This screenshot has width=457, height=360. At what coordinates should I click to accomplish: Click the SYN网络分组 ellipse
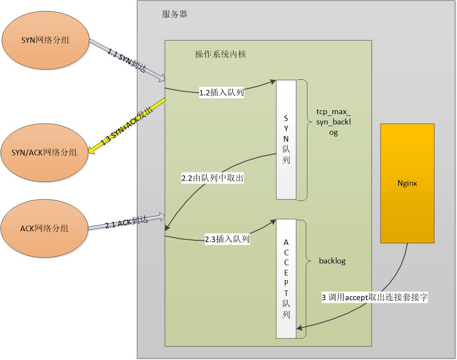point(45,41)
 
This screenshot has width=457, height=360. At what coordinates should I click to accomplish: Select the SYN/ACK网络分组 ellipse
point(45,152)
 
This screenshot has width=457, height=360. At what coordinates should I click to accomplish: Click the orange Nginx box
point(407,184)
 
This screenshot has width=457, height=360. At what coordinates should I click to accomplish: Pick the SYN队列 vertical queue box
point(286,139)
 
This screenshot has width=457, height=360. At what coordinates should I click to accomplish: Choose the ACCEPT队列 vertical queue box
point(286,278)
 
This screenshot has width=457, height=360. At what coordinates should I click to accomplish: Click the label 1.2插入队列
point(221,92)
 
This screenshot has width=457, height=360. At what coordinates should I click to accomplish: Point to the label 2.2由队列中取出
point(213,178)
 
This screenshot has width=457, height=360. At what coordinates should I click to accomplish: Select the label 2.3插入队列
point(227,239)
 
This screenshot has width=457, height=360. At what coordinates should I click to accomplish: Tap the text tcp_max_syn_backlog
point(333,123)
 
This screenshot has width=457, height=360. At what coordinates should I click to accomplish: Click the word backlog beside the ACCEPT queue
point(332,261)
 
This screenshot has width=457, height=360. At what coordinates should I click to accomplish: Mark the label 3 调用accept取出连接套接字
point(375,297)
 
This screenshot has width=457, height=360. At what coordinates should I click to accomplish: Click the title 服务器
point(175,14)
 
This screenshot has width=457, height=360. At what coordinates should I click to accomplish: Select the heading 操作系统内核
point(221,54)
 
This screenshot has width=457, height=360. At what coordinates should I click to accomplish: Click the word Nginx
point(407,184)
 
